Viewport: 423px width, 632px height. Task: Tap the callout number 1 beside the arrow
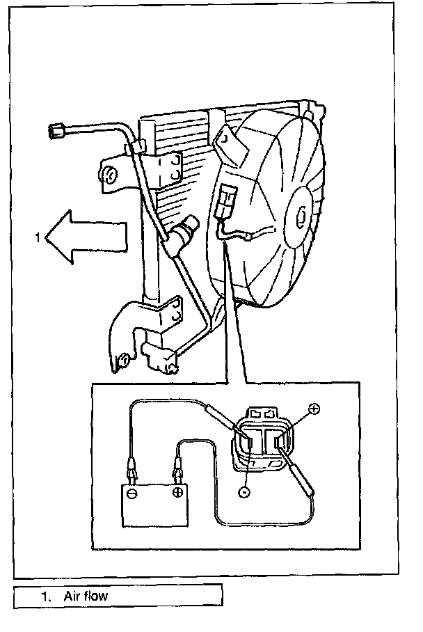click(x=38, y=237)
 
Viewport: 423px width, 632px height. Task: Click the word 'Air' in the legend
click(x=73, y=596)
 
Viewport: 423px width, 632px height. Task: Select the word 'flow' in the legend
click(x=96, y=596)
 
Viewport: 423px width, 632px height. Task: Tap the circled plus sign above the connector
click(x=314, y=409)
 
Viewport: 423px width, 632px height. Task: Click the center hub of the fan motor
click(x=304, y=216)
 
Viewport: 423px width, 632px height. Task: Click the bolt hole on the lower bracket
click(x=124, y=358)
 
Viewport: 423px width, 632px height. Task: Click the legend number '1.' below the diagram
click(x=47, y=596)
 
